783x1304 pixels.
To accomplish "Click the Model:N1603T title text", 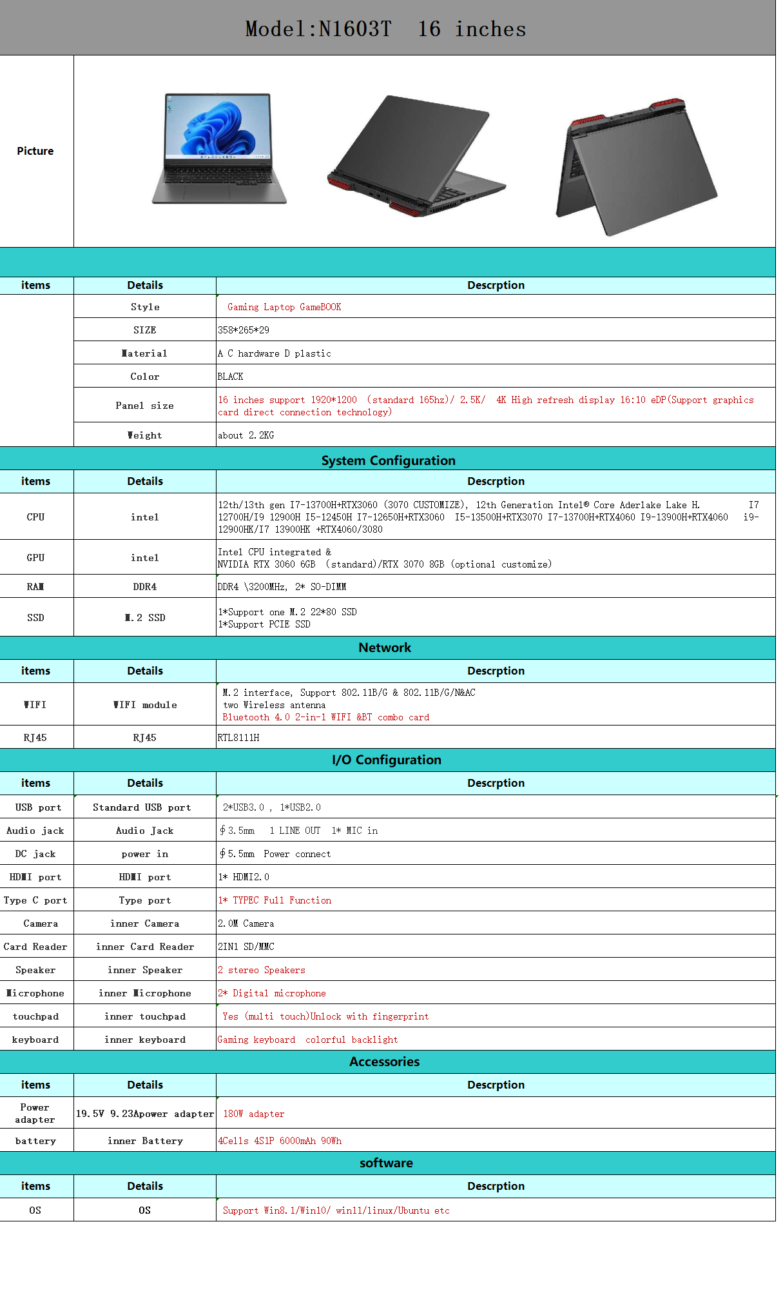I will pos(318,29).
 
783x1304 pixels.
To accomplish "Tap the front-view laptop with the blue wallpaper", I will pos(219,149).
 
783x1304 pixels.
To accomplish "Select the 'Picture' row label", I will pos(35,151).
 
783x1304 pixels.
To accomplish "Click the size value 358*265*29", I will pos(244,330).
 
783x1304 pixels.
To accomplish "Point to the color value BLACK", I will pos(230,377).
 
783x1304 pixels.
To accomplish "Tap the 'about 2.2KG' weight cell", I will pos(246,435).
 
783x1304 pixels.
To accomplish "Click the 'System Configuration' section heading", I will pos(388,460).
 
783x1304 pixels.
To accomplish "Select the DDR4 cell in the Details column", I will pos(144,587).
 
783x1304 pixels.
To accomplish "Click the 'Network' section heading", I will pos(384,647).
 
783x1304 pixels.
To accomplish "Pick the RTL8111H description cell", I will pos(238,738).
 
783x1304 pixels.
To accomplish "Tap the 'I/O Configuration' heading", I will pos(386,760).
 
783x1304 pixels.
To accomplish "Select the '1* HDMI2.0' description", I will pos(244,877).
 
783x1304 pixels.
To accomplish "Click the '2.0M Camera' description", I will pos(246,924).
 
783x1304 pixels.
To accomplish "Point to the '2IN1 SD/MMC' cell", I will pos(246,947).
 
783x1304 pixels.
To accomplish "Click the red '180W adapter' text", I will pos(253,1114).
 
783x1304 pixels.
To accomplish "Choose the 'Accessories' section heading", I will pos(384,1062).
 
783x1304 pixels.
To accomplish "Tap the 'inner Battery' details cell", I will pos(145,1141).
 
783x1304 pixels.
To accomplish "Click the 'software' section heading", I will pos(386,1163).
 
